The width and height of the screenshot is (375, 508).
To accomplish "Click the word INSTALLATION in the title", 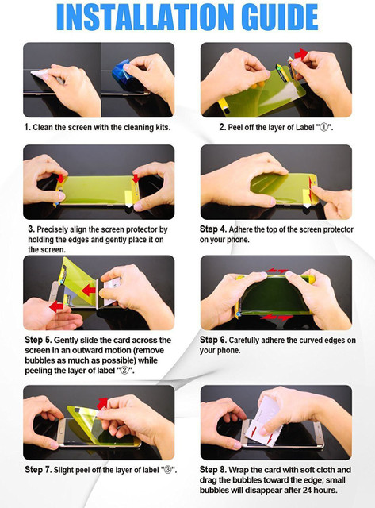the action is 145,17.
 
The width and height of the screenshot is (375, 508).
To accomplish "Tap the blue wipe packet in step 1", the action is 121,71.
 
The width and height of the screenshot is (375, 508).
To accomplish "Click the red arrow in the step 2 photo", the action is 300,53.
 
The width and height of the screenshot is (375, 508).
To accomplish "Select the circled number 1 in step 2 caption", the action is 323,127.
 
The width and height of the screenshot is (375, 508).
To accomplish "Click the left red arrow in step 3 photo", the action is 61,178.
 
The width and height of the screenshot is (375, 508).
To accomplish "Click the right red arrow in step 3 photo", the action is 136,178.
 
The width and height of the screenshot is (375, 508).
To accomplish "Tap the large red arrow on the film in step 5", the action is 89,290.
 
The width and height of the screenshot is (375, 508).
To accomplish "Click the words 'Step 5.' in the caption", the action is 38,340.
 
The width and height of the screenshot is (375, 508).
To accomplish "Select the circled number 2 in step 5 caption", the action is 124,371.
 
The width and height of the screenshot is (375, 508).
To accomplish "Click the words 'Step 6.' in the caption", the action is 213,340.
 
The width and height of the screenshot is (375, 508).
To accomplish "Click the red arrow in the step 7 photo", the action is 102,403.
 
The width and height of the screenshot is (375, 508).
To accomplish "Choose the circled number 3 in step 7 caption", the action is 167,470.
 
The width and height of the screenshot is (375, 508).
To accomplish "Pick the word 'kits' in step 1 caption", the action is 163,127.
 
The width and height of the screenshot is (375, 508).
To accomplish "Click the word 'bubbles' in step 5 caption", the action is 38,360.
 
